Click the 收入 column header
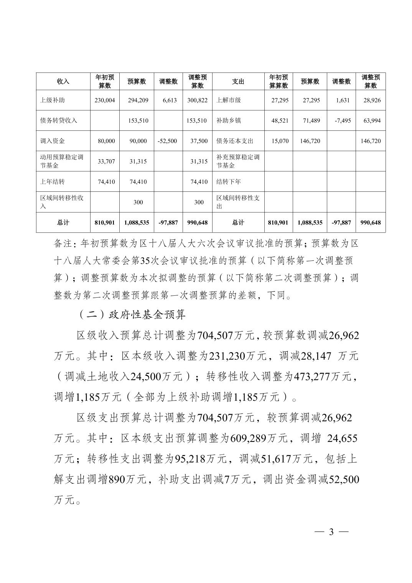click(63, 82)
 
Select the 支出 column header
click(238, 82)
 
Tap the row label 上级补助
click(53, 100)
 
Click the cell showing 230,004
click(105, 100)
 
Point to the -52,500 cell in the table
click(167, 141)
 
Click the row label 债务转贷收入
click(59, 120)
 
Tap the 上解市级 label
click(229, 100)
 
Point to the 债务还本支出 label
click(235, 141)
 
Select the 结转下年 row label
click(229, 182)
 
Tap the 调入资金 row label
click(53, 141)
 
